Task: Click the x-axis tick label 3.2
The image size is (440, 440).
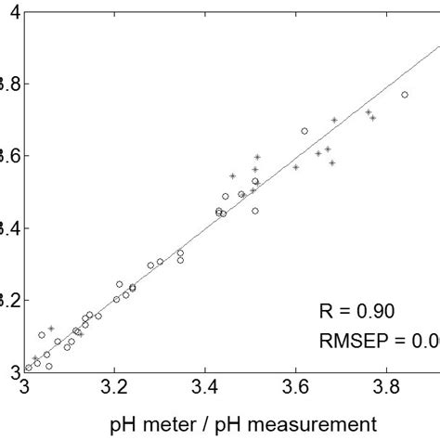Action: (x=115, y=387)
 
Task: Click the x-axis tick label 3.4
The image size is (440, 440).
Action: (x=205, y=387)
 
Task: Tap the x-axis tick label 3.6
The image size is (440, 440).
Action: (x=296, y=387)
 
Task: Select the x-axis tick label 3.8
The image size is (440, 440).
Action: (x=386, y=387)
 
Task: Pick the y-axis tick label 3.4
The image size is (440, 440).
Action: (x=9, y=228)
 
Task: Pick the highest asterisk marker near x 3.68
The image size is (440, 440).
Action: (x=334, y=120)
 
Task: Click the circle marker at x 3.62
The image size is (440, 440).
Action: (x=304, y=131)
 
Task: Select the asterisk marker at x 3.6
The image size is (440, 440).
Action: (x=296, y=167)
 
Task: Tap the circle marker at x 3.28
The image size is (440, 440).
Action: (x=150, y=265)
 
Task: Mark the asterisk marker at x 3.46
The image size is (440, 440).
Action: (x=233, y=175)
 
